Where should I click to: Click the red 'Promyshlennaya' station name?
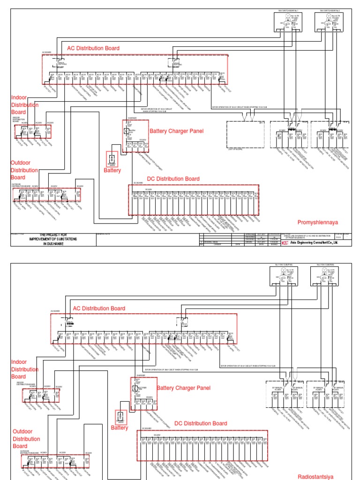tap(317, 222)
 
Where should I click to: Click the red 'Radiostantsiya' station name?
tap(317, 477)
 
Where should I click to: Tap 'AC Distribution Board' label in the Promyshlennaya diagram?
tap(93, 48)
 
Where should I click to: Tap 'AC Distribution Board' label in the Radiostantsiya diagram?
tap(99, 308)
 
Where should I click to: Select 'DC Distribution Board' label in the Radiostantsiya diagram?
tap(201, 423)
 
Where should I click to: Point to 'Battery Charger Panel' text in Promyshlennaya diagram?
tap(176, 131)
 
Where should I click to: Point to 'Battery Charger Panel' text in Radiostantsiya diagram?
tap(184, 388)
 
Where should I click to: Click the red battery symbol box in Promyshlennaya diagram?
tap(112, 159)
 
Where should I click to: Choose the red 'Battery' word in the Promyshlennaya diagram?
tap(112, 171)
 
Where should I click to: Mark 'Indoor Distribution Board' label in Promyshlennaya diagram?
tap(25, 105)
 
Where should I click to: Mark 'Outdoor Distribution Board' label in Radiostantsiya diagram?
tap(26, 439)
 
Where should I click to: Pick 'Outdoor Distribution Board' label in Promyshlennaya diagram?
tap(24, 170)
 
